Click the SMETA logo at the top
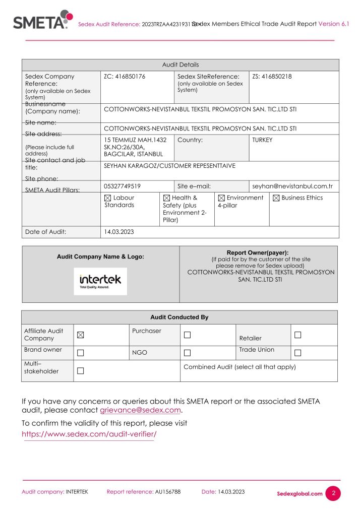pos(42,20)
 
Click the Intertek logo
pos(100,281)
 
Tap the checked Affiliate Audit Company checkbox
pos(81,335)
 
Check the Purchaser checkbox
pos(187,335)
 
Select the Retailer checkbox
pos(297,335)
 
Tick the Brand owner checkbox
pos(81,353)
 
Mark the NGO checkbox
pos(187,353)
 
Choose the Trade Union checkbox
pos(297,353)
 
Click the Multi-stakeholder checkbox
pos(81,371)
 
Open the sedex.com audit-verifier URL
pos(89,434)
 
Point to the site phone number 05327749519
pos(122,186)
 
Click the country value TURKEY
pos(262,140)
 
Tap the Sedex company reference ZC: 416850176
pos(125,77)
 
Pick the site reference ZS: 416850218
pos(272,77)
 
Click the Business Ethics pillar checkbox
pos(276,198)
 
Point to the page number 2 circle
pos(333,493)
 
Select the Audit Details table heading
pos(180,65)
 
